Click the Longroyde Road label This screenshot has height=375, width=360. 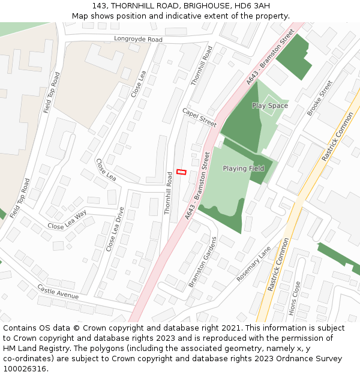[x=139, y=40]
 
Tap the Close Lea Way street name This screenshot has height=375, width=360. [x=67, y=220]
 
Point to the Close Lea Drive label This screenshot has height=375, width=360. [x=115, y=229]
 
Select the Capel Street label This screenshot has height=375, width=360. [x=199, y=117]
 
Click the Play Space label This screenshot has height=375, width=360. [x=270, y=106]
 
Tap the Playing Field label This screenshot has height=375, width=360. [x=244, y=169]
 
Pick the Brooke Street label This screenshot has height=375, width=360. [x=319, y=98]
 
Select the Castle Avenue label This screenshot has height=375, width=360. [x=58, y=292]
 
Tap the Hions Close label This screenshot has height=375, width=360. [x=294, y=299]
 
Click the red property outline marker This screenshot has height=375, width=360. [x=181, y=172]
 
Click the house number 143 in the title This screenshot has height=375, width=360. [x=100, y=6]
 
